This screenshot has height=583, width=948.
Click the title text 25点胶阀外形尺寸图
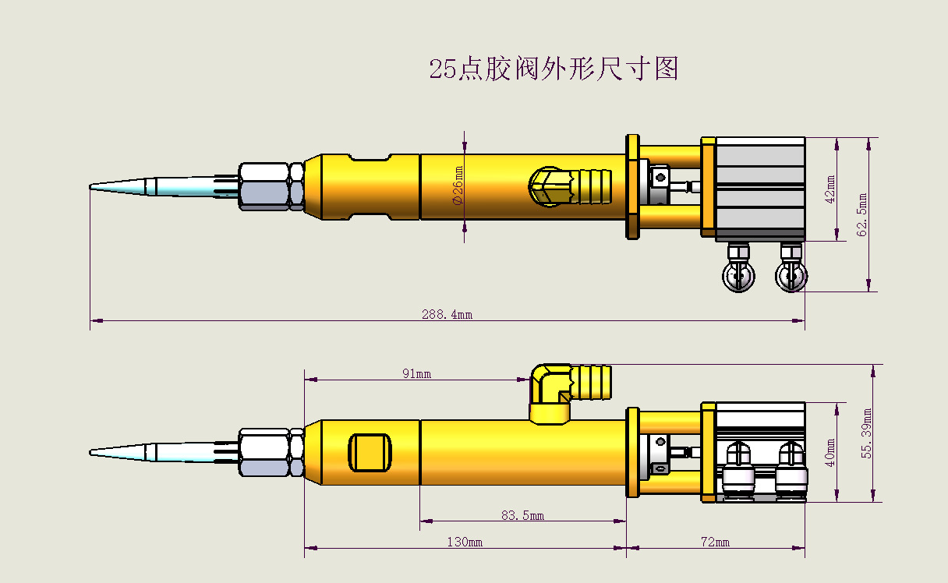pos(554,69)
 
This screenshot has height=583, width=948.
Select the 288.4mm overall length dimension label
pos(447,315)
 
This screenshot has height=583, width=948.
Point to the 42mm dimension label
pos(830,189)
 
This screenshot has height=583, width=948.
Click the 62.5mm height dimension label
pos(861,212)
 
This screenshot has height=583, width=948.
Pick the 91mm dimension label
pos(416,373)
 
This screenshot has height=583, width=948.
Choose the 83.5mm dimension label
pos(522,515)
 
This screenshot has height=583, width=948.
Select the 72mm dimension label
pos(715,542)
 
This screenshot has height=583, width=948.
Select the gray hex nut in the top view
pos(270,186)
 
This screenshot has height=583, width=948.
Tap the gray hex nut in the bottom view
pos(270,452)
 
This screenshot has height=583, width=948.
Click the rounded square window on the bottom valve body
pos(370,453)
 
